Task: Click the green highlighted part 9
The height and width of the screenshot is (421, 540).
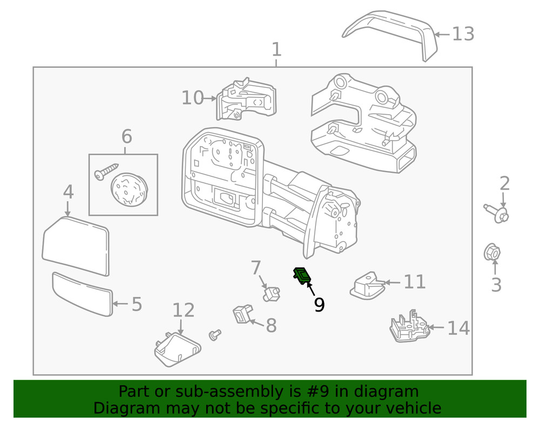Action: pos(302,275)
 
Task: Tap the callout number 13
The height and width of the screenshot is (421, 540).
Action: pos(463,34)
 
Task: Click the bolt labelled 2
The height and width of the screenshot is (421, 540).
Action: pos(497,213)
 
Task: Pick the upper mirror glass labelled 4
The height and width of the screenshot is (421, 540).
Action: pos(76,244)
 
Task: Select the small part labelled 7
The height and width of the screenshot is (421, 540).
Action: pos(272,293)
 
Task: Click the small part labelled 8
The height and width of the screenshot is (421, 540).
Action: pos(242,314)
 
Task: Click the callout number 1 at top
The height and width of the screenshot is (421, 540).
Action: pos(276,50)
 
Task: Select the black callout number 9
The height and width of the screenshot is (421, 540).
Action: pos(319,305)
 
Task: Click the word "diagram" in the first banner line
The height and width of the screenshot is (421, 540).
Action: pos(386,392)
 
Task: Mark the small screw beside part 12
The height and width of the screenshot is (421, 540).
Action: pos(215,335)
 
